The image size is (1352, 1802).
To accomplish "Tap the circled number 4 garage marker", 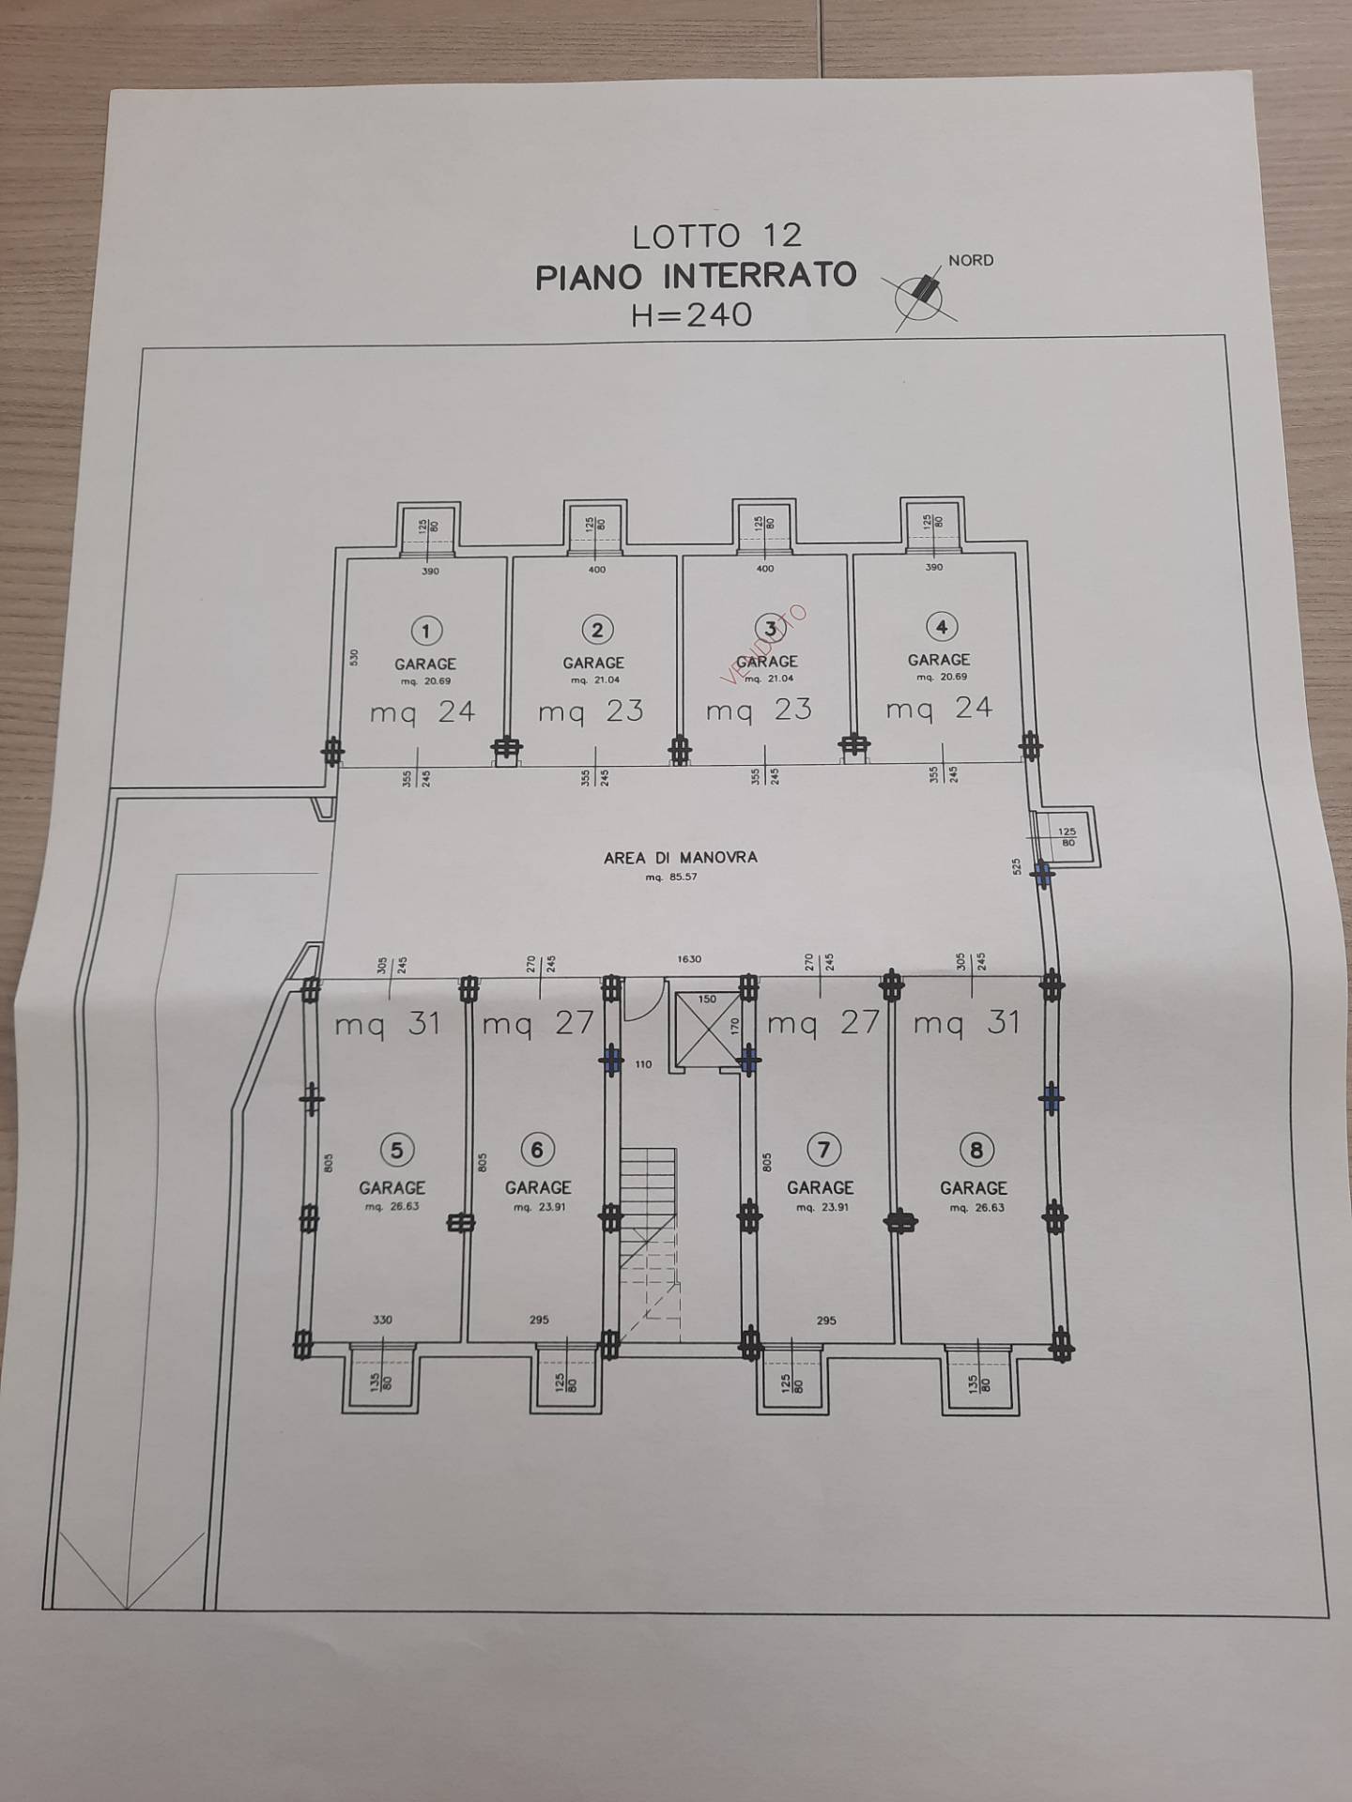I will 942,626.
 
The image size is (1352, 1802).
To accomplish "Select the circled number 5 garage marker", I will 396,1150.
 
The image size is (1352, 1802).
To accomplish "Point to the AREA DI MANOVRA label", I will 680,857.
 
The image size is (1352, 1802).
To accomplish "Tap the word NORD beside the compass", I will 971,260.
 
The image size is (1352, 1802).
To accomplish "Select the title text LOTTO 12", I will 716,236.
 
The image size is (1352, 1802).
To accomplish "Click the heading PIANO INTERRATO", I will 695,276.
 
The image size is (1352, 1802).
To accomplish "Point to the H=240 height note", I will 692,314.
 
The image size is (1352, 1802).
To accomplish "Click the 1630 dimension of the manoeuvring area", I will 690,960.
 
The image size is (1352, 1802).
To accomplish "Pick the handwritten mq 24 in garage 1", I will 422,712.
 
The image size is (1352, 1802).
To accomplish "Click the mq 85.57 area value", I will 671,878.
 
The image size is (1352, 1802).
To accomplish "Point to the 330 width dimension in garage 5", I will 382,1320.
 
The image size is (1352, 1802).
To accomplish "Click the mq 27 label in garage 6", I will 537,1023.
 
